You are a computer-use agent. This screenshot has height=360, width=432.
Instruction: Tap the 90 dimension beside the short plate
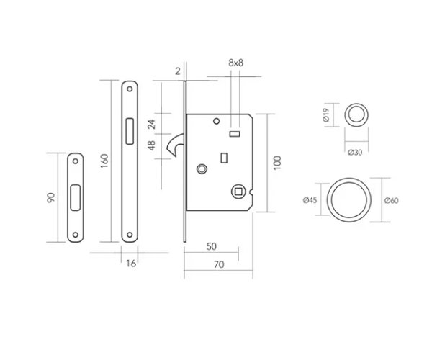51,197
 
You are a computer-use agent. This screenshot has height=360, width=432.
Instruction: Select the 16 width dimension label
130,264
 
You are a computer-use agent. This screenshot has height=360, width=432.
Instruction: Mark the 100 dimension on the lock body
276,163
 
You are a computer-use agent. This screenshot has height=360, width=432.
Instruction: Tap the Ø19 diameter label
327,113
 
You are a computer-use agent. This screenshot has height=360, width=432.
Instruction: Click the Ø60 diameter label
392,201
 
